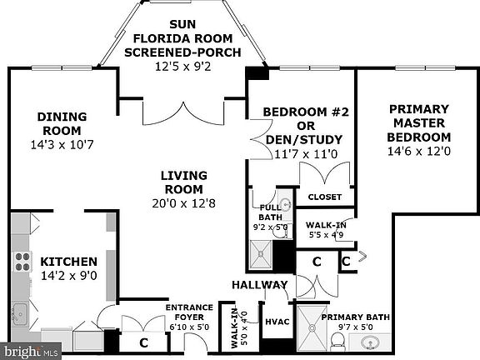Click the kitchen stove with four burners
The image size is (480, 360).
point(22,262)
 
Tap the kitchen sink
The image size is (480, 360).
point(20,314)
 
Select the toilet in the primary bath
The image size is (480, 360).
point(338,342)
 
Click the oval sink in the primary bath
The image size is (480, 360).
point(370,342)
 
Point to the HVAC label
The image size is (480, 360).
point(277,322)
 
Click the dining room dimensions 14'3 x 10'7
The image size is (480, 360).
point(62,144)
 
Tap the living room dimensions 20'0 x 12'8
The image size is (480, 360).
point(183,203)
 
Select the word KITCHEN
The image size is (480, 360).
point(69,262)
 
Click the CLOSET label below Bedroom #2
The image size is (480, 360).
point(325,197)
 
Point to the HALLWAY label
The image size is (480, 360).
point(260,285)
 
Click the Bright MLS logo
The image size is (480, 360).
point(31,351)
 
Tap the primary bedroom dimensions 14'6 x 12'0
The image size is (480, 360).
point(419,151)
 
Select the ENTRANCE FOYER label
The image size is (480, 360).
point(189,312)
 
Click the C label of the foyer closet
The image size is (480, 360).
point(143,342)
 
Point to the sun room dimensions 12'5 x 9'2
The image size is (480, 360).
point(183,67)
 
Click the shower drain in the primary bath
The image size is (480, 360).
point(312,328)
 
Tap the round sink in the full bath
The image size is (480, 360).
point(286,204)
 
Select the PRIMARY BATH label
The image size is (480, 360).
point(355,317)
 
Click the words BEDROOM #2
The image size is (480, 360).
point(306,112)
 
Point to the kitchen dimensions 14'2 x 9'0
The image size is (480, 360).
point(69,276)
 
